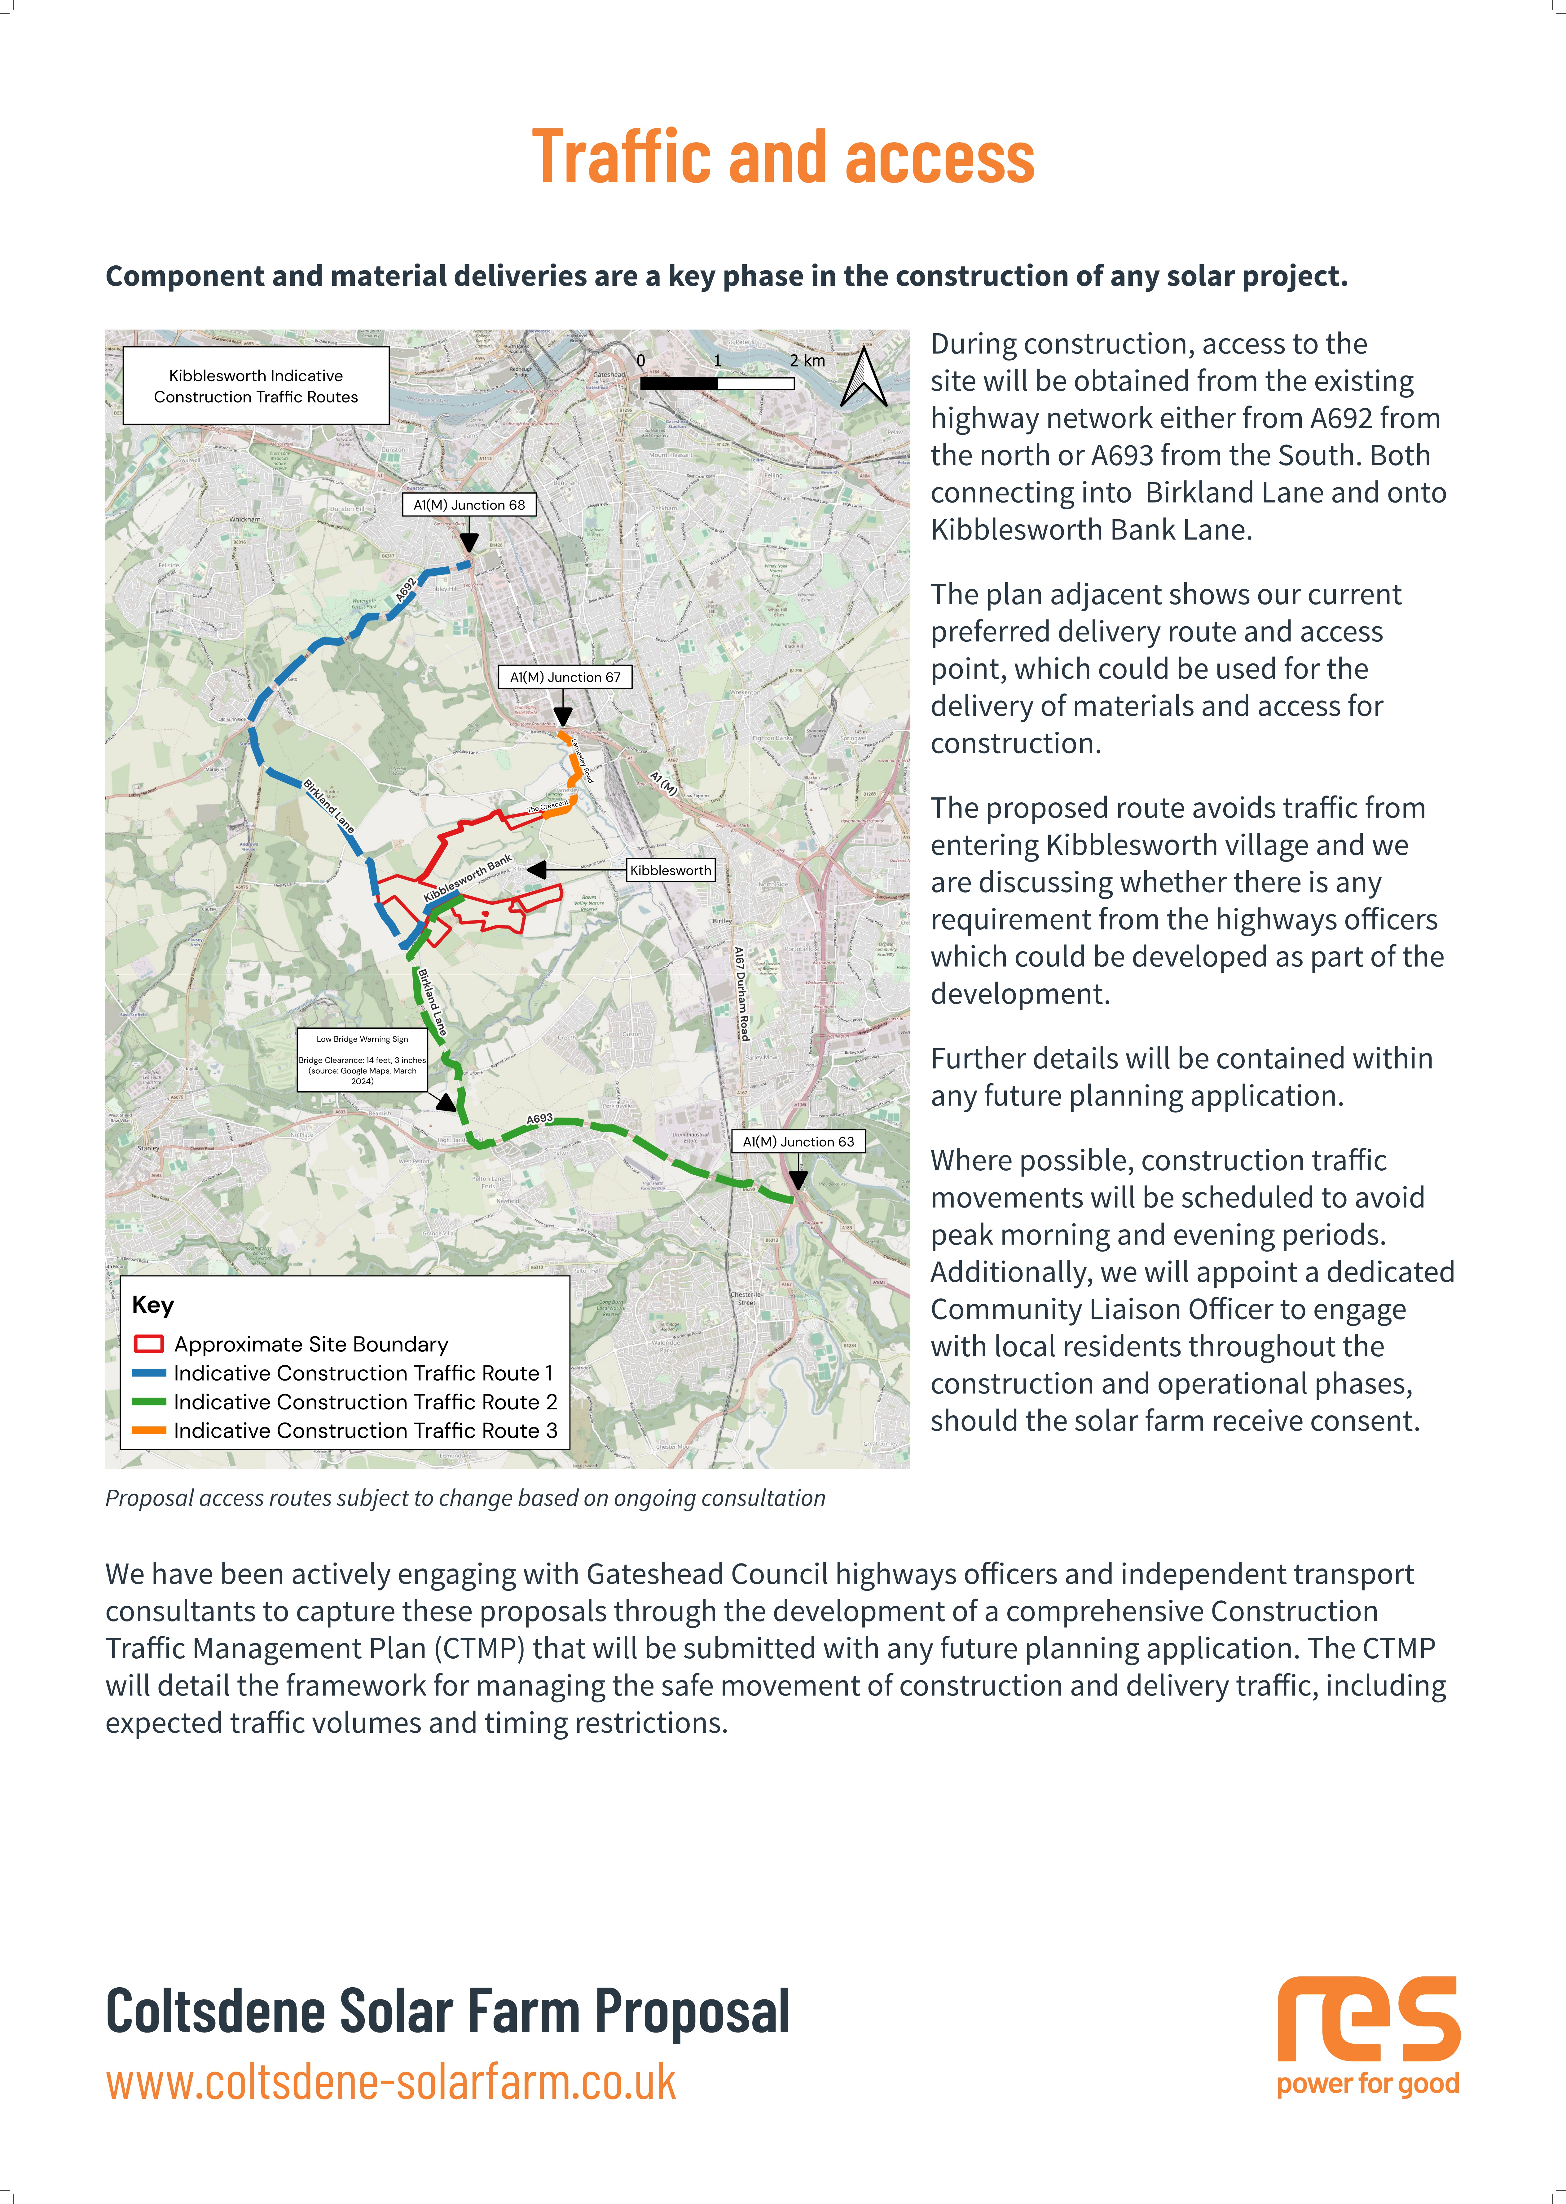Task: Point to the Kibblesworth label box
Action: click(670, 870)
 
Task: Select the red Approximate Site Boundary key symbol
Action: click(148, 1344)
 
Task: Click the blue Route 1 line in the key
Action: click(148, 1373)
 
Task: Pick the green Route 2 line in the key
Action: click(148, 1402)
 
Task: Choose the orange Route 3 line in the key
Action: click(148, 1430)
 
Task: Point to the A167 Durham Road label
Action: click(741, 993)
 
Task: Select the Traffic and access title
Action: click(783, 157)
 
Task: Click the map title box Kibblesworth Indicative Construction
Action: click(256, 386)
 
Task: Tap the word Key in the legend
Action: click(152, 1305)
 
